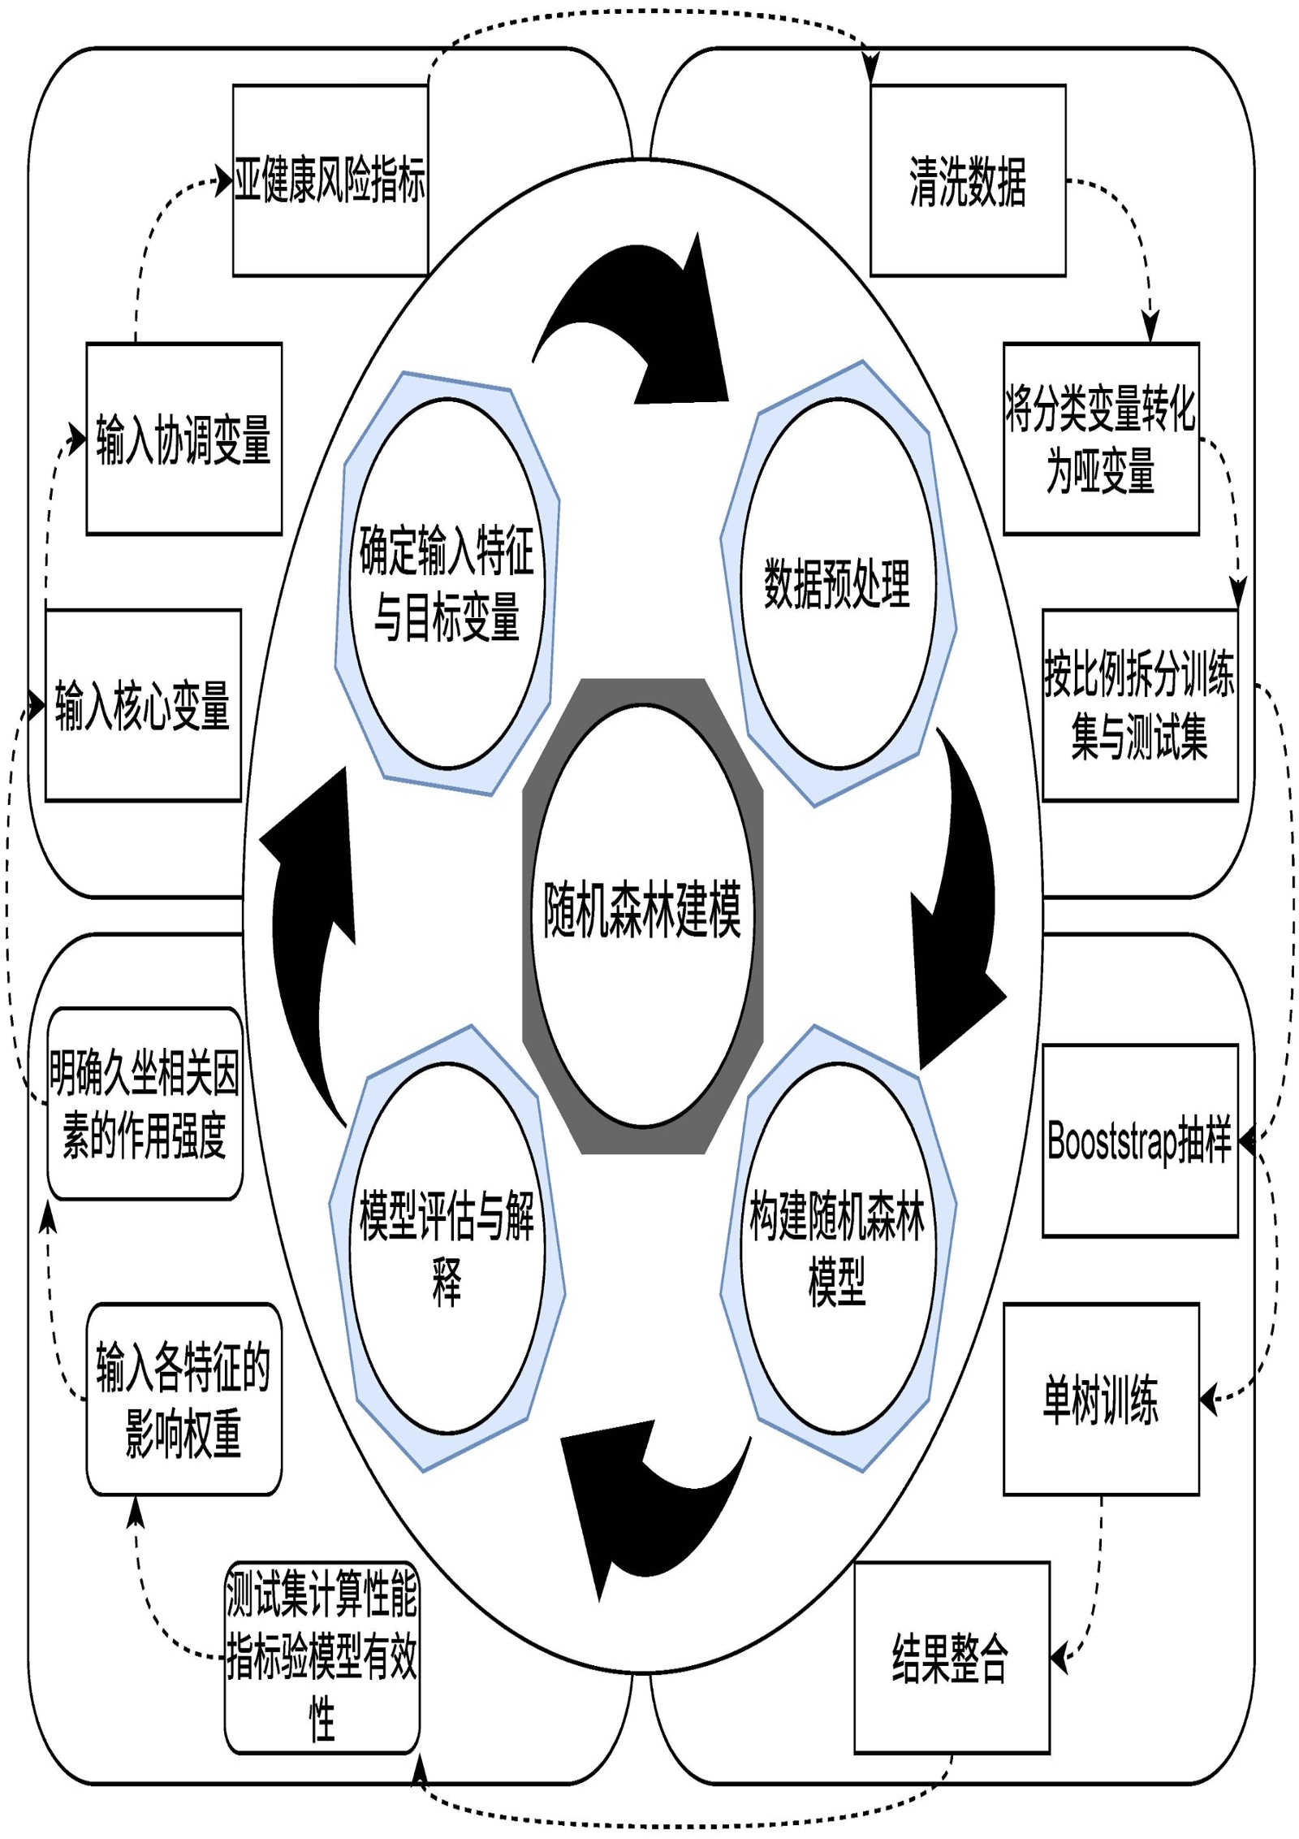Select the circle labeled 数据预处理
(838, 583)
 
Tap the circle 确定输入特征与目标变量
(447, 583)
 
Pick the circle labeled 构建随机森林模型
(838, 1247)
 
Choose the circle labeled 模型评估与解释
(447, 1247)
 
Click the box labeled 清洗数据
(968, 180)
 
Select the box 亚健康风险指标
(330, 180)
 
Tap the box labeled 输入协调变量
(184, 439)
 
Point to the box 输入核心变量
(143, 705)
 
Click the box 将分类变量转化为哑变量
(1101, 439)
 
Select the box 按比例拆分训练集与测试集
(1140, 705)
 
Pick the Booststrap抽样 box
(1140, 1140)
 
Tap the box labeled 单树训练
(1101, 1399)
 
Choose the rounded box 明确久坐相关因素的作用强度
(145, 1103)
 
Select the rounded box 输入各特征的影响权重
(184, 1399)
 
